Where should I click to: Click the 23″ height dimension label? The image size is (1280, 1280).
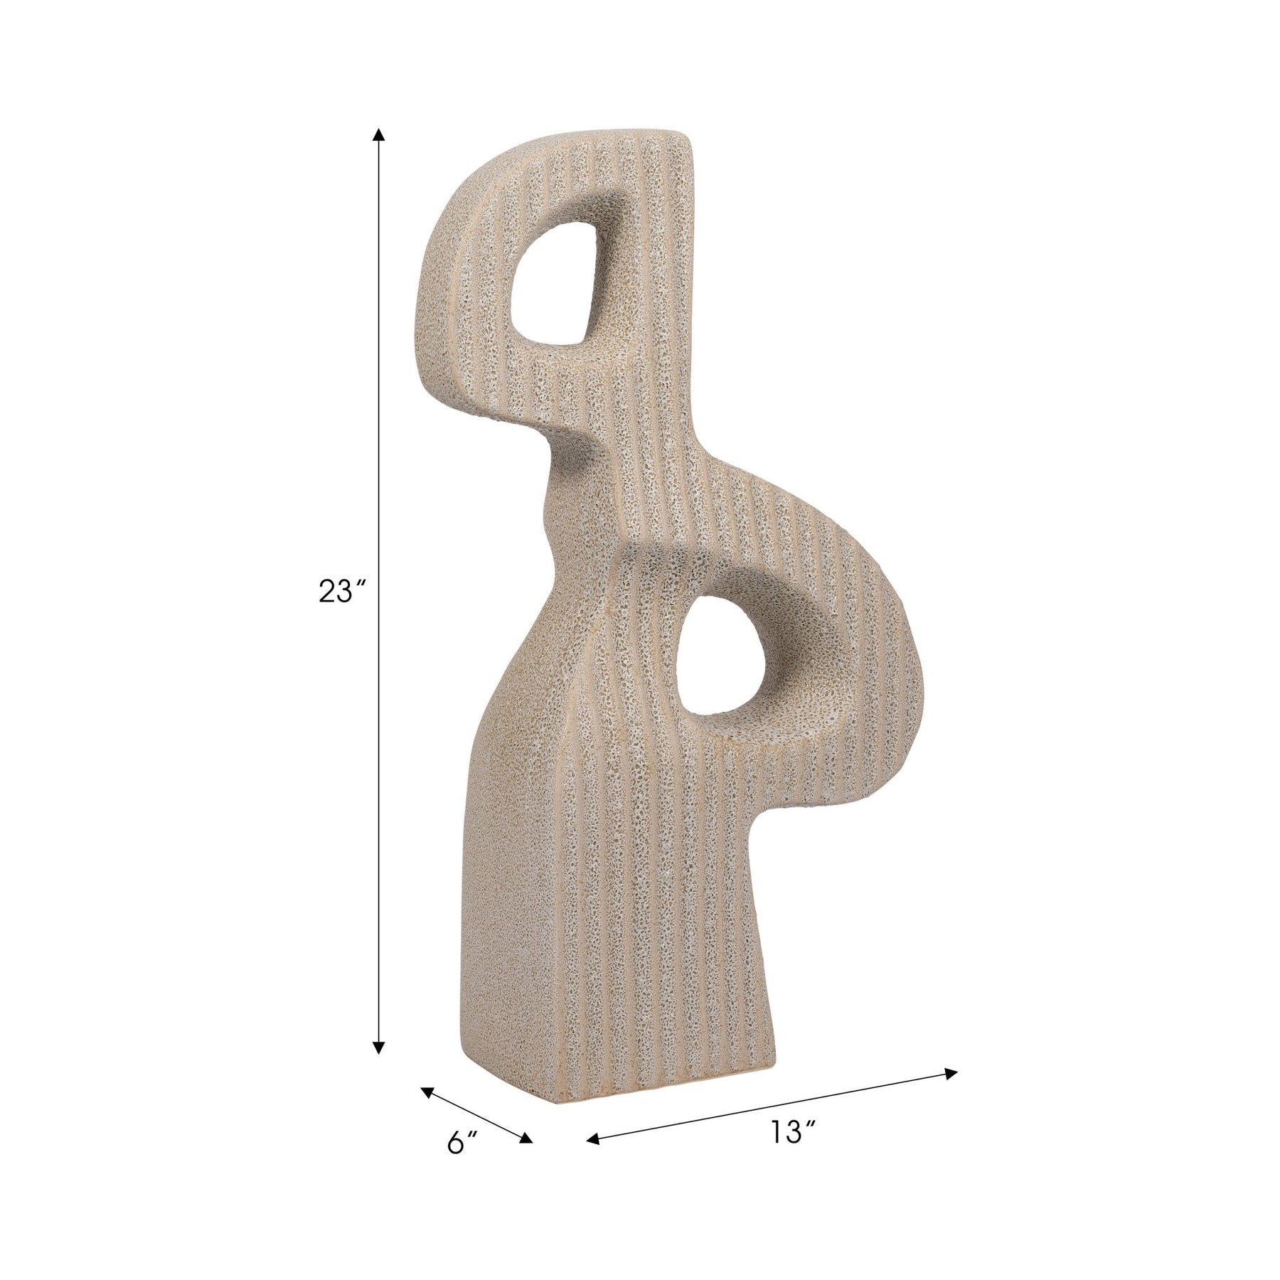(x=336, y=592)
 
